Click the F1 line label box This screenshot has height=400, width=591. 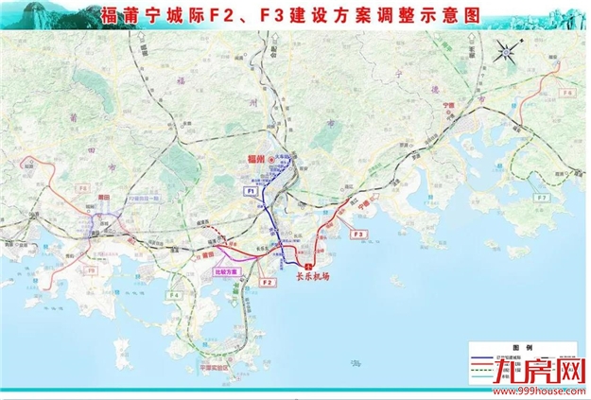pos(251,191)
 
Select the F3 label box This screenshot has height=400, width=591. pos(357,233)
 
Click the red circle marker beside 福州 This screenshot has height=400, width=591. pos(268,159)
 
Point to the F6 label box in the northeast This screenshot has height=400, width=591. pos(567,94)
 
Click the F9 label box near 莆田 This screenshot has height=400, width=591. pos(92,270)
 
